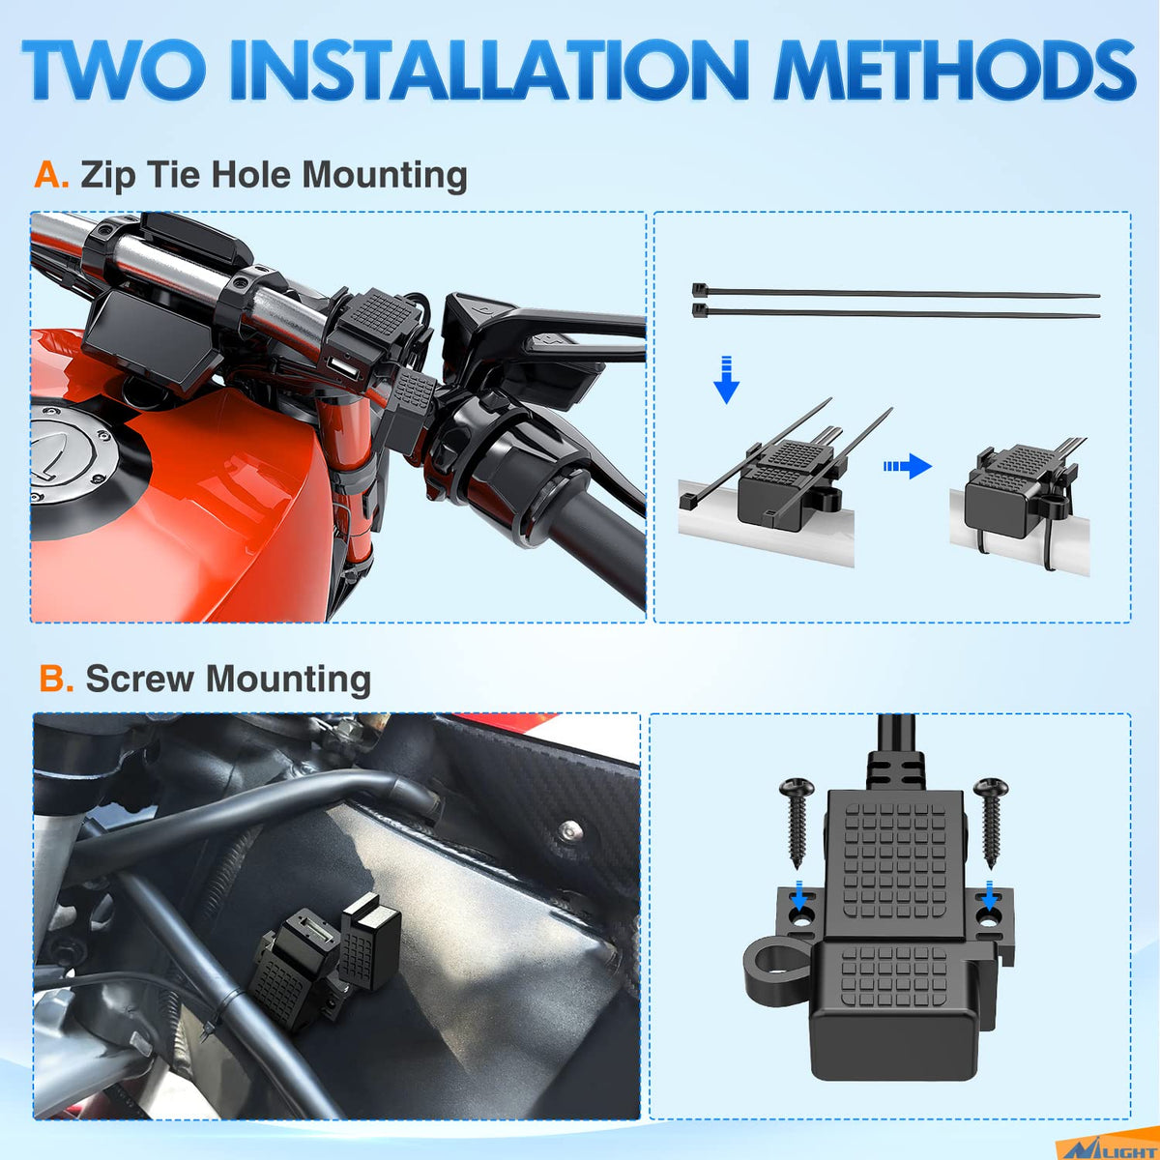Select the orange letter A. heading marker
(x=51, y=175)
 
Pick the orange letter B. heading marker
(x=56, y=679)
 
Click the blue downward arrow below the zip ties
(x=727, y=380)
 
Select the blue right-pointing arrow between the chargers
(x=908, y=466)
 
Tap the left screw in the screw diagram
(x=797, y=822)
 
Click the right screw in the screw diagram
(x=990, y=822)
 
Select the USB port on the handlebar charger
(x=336, y=363)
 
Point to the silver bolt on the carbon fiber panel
(x=568, y=831)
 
